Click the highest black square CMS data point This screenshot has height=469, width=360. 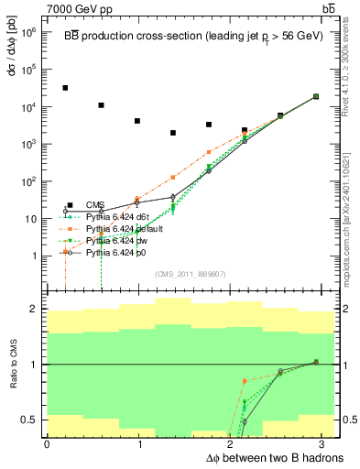65,88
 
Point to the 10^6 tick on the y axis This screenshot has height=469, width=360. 31,31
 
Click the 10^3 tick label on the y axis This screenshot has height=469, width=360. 31,144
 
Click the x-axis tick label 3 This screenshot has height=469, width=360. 325,444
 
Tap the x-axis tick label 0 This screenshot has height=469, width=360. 47,444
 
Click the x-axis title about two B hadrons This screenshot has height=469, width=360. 274,458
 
